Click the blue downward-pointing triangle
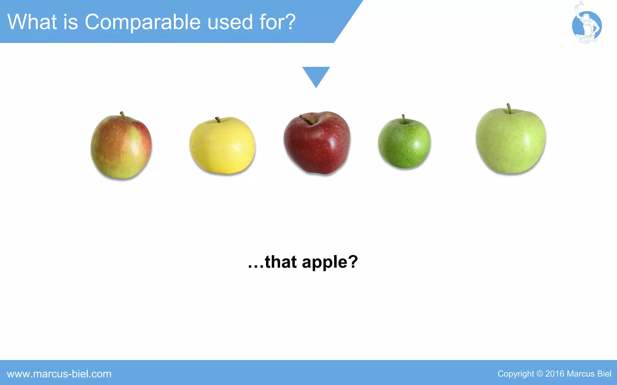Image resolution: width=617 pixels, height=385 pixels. (x=316, y=75)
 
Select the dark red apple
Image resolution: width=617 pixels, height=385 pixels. (x=317, y=143)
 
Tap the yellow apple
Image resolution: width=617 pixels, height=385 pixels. (x=222, y=146)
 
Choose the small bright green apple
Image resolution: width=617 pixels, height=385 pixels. (x=404, y=143)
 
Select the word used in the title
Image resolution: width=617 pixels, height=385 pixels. (x=230, y=22)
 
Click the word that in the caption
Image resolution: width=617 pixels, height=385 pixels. (x=280, y=262)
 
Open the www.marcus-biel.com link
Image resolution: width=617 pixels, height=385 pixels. (x=59, y=374)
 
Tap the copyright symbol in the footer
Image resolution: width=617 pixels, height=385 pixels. (x=540, y=374)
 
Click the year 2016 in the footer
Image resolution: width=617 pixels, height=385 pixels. (x=555, y=374)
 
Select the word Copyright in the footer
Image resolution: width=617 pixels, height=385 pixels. (x=515, y=374)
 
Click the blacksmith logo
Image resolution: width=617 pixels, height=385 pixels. (x=586, y=26)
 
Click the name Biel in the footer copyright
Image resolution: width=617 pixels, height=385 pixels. (x=604, y=374)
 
